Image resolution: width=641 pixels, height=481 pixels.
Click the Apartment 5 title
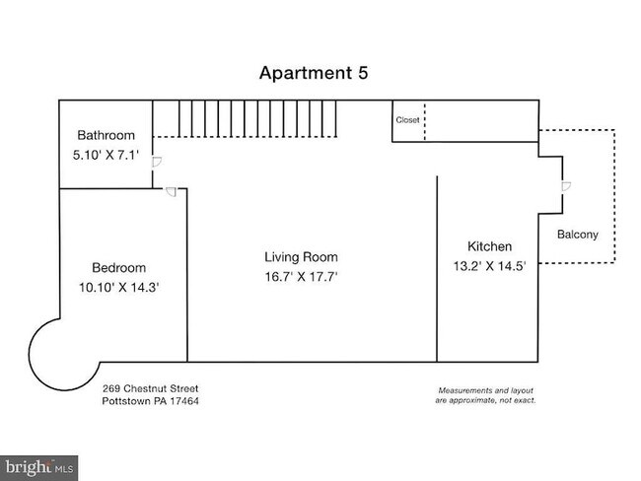point(314,73)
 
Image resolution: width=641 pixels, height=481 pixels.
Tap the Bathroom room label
point(106,135)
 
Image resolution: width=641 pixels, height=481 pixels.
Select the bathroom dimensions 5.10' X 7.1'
point(106,155)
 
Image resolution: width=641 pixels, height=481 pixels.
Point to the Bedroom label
point(119,268)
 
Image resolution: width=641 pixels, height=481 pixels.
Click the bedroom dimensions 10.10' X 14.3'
point(119,287)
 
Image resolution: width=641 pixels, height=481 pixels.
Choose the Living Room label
point(302,257)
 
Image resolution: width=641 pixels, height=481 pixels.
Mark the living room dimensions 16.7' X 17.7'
point(302,277)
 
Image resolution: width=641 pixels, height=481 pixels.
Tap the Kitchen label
point(489,246)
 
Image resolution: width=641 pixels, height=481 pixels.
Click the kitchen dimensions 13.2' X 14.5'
point(489,266)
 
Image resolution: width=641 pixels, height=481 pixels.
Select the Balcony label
point(578,235)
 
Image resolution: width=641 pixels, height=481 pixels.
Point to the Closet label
point(407,120)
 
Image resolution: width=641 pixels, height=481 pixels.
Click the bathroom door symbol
point(157,162)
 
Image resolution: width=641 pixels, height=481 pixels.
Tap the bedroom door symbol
point(171,191)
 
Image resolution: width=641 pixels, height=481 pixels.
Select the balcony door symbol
point(566,186)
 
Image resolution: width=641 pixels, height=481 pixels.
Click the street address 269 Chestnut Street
point(151,388)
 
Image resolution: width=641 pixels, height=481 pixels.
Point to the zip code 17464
point(184,401)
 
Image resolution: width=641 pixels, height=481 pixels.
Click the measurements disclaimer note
point(485,395)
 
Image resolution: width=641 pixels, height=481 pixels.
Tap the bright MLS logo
point(38,468)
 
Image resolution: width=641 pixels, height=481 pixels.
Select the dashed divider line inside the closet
point(425,121)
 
